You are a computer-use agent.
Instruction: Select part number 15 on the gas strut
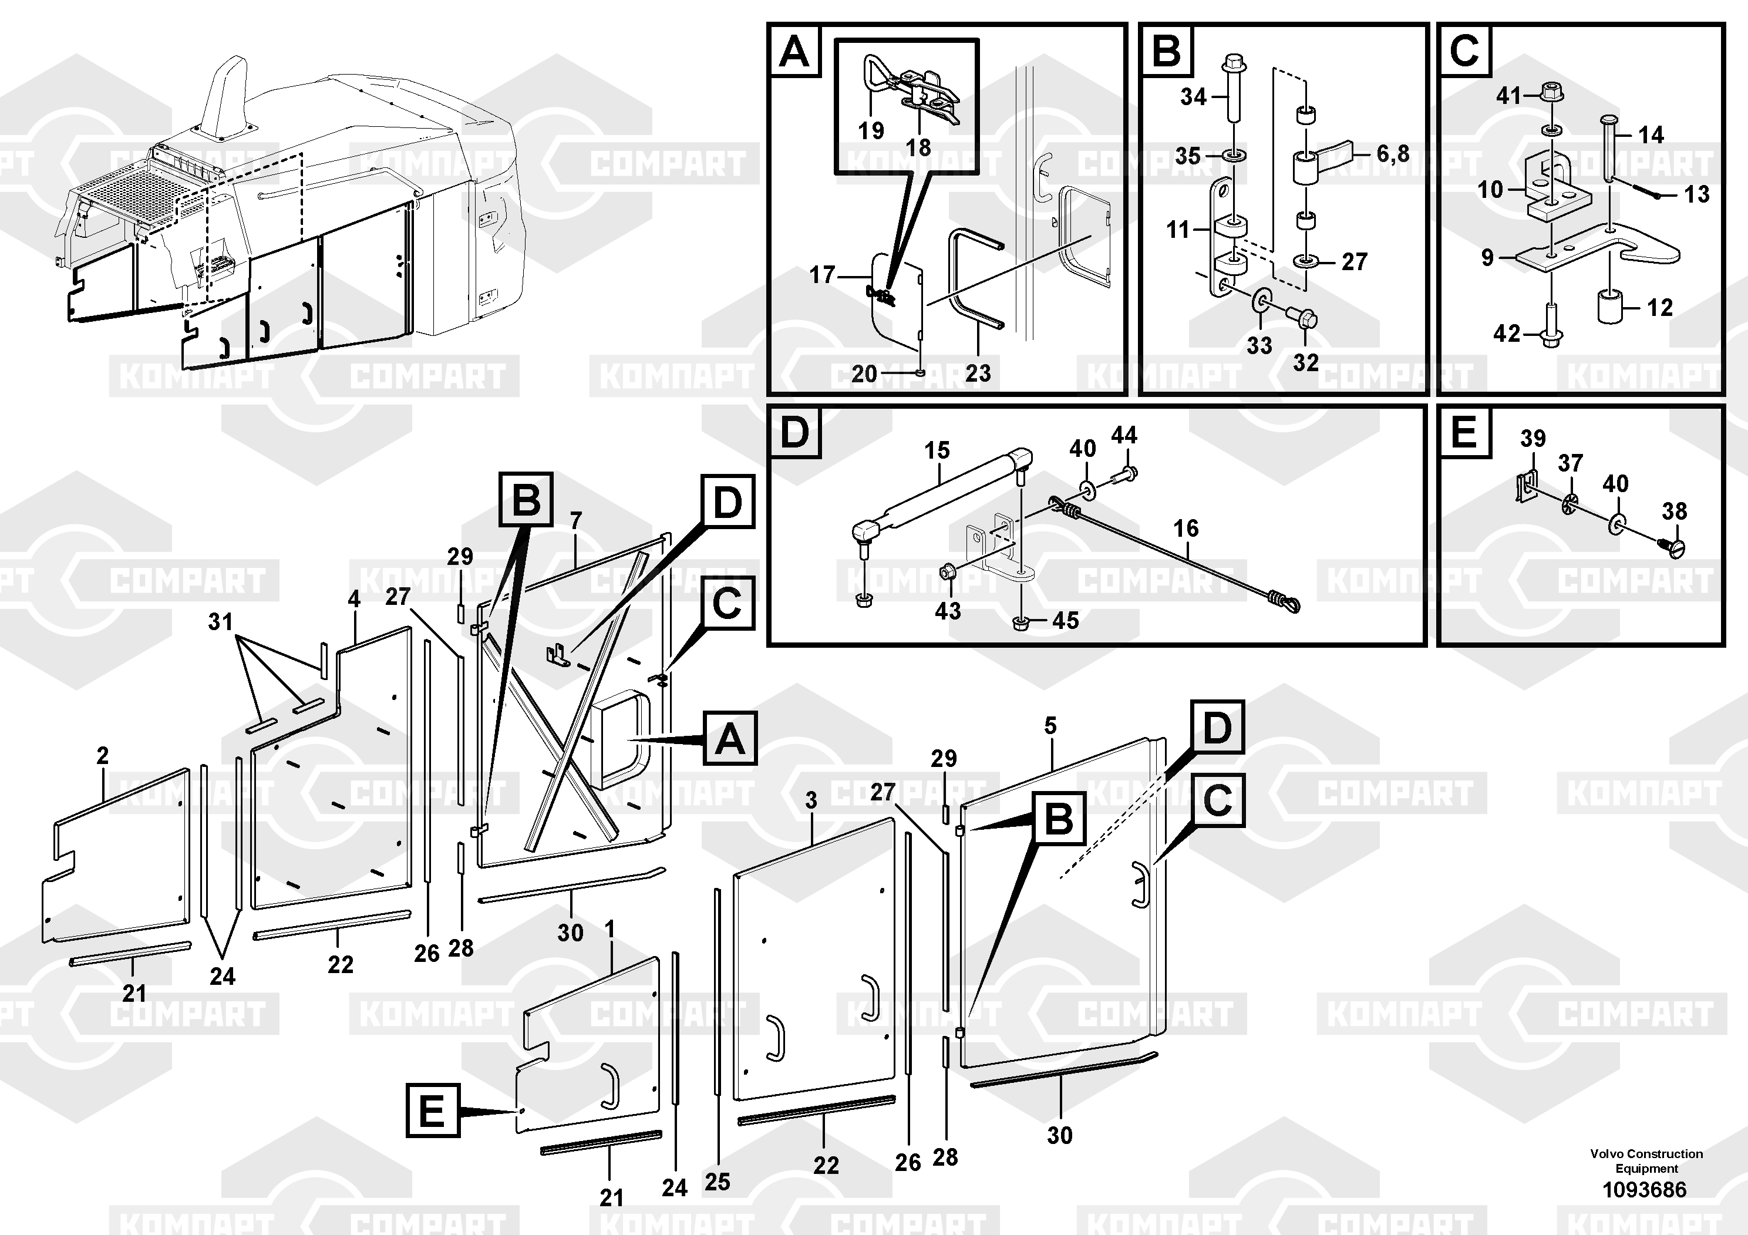click(x=937, y=451)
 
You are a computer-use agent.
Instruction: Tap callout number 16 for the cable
click(x=1185, y=529)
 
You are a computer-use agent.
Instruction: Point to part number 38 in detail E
click(x=1674, y=511)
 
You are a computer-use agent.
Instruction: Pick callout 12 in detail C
click(x=1660, y=308)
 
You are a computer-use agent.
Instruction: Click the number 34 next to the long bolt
click(x=1193, y=97)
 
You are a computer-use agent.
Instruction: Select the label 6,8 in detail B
click(x=1392, y=154)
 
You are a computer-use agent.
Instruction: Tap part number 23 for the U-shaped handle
click(x=978, y=373)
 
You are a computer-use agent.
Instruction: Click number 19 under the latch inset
click(x=871, y=131)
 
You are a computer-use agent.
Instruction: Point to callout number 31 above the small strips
click(x=221, y=622)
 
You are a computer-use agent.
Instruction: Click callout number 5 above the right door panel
click(x=1050, y=726)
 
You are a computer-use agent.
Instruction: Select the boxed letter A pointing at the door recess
click(x=729, y=739)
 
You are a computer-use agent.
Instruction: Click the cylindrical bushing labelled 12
click(x=1609, y=306)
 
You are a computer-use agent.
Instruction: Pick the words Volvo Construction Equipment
click(x=1646, y=1160)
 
